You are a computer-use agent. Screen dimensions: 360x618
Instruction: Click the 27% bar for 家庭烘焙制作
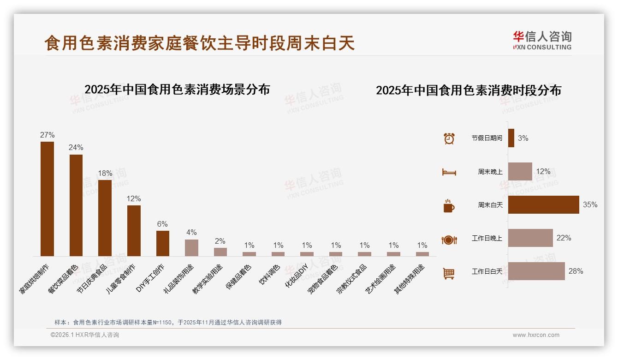pos(47,198)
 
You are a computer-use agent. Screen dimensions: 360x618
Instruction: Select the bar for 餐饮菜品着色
pos(76,205)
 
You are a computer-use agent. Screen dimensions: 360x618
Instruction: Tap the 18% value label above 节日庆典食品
pos(105,174)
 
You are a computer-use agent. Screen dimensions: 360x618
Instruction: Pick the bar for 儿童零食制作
pos(134,230)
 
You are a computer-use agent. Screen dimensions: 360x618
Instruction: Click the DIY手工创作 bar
pos(163,243)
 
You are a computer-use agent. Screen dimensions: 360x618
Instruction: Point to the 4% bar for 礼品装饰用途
pos(191,247)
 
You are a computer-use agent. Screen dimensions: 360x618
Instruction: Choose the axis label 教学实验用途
pos(208,279)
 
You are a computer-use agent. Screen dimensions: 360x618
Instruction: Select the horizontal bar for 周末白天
pos(543,204)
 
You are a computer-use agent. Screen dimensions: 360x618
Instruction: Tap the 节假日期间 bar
pos(511,138)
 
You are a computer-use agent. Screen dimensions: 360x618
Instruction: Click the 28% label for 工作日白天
pos(576,271)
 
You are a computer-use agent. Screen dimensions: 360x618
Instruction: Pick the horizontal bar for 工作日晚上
pos(530,238)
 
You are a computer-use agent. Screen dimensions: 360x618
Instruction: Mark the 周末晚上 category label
pos(490,172)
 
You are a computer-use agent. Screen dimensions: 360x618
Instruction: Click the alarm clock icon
pos(449,138)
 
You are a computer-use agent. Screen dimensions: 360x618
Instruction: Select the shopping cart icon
pos(449,273)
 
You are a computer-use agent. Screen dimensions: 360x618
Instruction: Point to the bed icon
pos(449,172)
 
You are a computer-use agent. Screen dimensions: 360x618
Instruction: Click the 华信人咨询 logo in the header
pos(542,40)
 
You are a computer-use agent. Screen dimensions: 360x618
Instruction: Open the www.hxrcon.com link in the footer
pos(536,335)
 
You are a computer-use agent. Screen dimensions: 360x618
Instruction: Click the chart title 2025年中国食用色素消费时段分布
pos(469,90)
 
